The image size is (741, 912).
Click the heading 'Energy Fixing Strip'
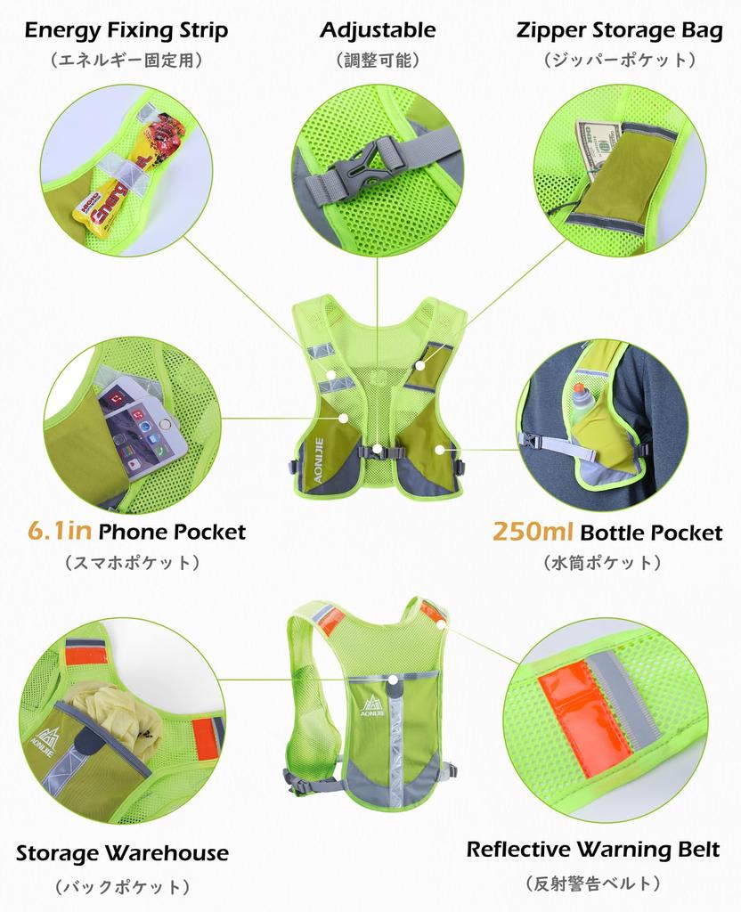click(x=126, y=30)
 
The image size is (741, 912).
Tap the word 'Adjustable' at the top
click(x=378, y=30)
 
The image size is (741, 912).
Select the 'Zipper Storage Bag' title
click(x=619, y=30)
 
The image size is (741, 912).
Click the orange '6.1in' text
click(x=60, y=533)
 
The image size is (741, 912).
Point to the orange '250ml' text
click(x=533, y=533)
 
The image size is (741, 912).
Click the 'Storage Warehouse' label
click(x=122, y=852)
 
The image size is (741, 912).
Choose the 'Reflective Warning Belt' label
click(x=593, y=849)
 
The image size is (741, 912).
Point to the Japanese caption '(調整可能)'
click(x=378, y=61)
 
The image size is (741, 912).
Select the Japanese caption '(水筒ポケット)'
click(x=602, y=563)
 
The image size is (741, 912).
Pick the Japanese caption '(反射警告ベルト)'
click(x=593, y=883)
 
